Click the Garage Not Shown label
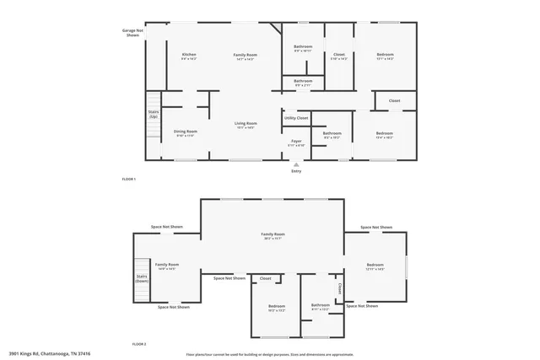(x=132, y=33)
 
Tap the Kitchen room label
(x=189, y=56)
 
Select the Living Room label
(x=246, y=125)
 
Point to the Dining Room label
(x=186, y=133)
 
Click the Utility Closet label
(x=296, y=117)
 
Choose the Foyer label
(x=296, y=142)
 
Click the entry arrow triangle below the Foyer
(x=296, y=164)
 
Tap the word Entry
(x=296, y=171)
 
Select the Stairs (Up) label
(x=154, y=113)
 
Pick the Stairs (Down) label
(x=142, y=279)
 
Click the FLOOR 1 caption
(x=129, y=180)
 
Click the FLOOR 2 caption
(x=139, y=344)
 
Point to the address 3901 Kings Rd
(x=50, y=354)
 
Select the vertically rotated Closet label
(x=340, y=288)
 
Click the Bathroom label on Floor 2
(x=321, y=306)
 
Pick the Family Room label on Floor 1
(x=246, y=56)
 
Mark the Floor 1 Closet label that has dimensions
(x=338, y=56)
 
